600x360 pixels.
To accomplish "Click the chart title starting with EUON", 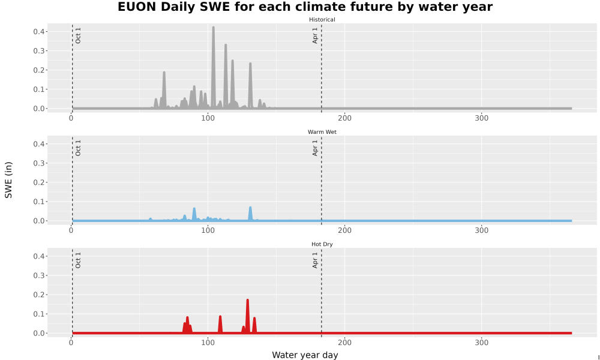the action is (305, 7).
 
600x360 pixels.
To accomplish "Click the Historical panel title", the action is (322, 20).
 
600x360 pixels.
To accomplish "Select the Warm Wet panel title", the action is (322, 132).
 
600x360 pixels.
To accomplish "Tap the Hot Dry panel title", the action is (322, 244).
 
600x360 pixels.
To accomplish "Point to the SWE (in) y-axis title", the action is (8, 180).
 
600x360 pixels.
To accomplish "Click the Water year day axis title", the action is (305, 355).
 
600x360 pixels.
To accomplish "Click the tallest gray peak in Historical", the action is (214, 28).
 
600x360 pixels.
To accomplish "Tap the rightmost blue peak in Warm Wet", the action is (250, 208).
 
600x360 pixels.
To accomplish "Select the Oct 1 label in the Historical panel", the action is (78, 35).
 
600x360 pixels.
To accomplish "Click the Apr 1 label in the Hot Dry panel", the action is (315, 260).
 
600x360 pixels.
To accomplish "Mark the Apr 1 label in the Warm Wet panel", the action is (315, 148).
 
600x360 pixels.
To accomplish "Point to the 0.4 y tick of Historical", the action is (40, 31).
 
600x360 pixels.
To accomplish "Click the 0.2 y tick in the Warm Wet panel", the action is (40, 182).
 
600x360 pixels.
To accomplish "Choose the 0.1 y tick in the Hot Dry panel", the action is (40, 314).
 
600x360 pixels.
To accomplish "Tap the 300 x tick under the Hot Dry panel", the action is (481, 343).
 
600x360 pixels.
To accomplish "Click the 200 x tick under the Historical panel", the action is (345, 118).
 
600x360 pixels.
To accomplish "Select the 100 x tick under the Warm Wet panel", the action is (208, 230).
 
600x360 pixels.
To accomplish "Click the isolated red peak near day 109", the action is (220, 317).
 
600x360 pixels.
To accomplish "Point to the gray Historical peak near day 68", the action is (164, 73).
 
